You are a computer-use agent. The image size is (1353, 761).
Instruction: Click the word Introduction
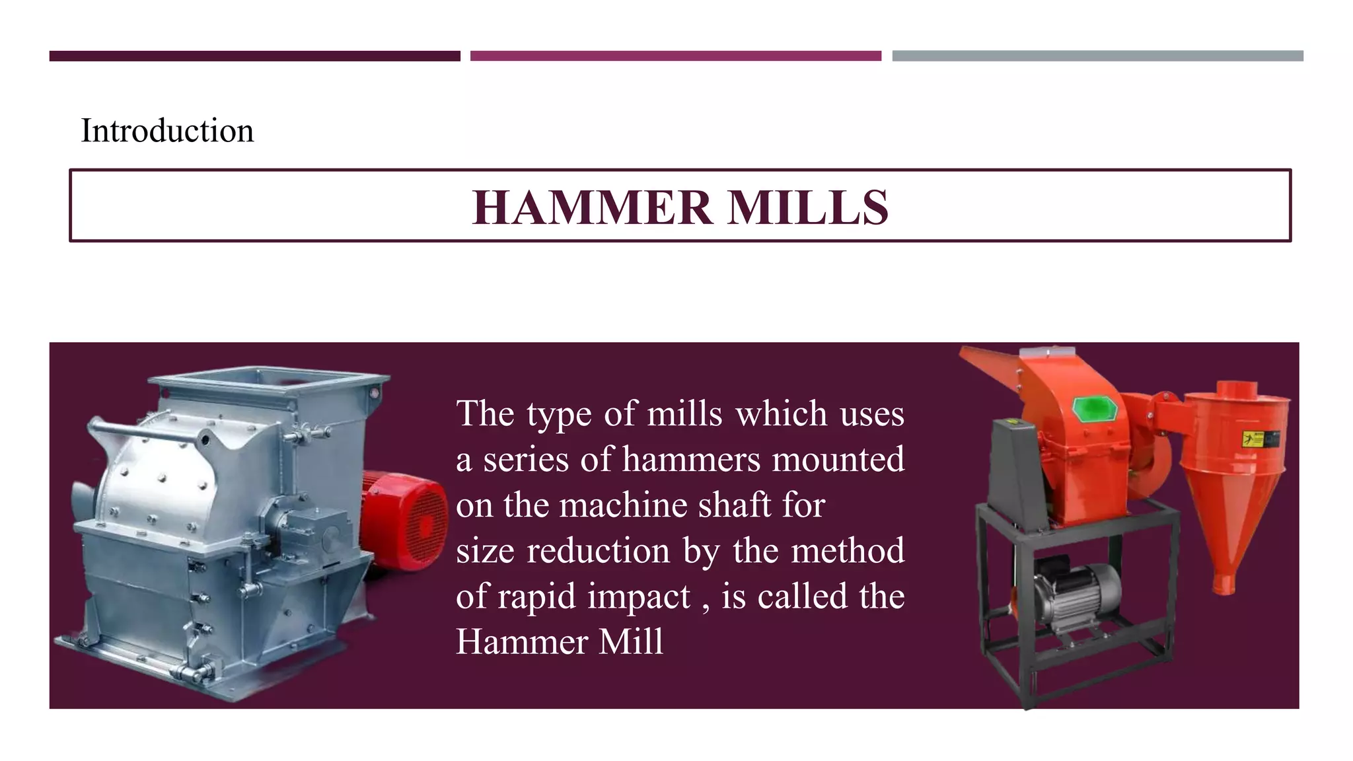[167, 130]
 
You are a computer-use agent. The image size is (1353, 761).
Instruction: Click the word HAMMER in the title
[592, 208]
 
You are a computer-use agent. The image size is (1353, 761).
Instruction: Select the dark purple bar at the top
[254, 56]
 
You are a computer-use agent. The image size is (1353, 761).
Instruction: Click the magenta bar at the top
[675, 56]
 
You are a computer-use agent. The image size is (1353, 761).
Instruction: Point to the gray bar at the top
[1097, 56]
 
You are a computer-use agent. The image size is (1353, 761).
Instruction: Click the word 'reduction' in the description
[598, 551]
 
